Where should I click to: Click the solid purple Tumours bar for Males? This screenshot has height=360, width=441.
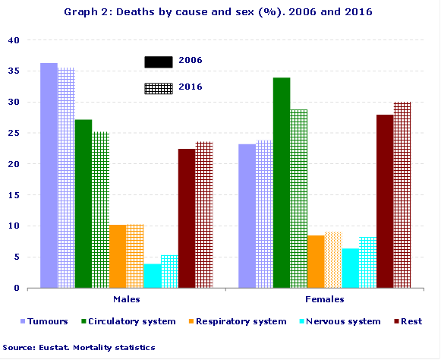coord(49,175)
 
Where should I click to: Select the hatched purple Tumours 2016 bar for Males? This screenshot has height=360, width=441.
coord(66,178)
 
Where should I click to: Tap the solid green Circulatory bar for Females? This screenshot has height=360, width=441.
coord(282,183)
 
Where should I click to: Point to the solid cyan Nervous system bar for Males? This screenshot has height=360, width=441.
coord(152,276)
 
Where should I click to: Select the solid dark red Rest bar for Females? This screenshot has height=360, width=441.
coord(385,201)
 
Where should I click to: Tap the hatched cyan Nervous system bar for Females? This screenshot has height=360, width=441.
coord(367,262)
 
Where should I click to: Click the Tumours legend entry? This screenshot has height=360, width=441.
coord(47,321)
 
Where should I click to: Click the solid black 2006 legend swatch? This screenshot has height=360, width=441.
coord(159,62)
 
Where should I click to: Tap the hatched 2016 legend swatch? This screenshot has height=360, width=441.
coord(159,88)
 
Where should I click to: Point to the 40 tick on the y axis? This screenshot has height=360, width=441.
coord(14,39)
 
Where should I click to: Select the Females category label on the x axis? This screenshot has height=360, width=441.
coord(323,300)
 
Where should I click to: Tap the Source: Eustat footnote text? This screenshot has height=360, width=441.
coord(79,347)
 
